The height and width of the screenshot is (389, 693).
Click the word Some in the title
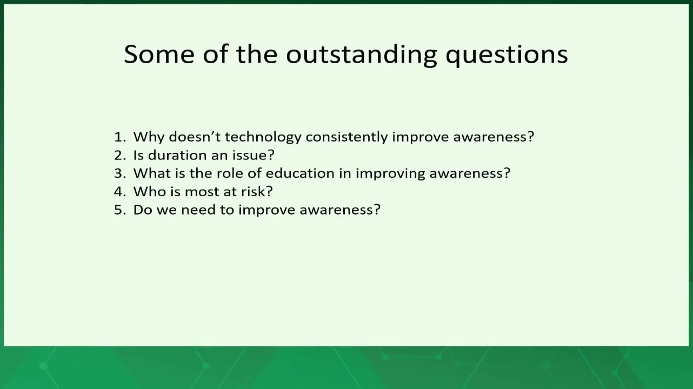click(159, 54)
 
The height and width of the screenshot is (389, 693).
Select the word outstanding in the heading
click(361, 55)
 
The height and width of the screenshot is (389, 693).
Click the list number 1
click(120, 137)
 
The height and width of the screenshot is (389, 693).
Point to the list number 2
click(120, 155)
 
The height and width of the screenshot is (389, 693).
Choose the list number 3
click(120, 173)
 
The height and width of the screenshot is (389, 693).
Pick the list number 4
click(120, 191)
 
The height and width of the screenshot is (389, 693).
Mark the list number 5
click(120, 210)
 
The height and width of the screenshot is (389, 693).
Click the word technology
click(263, 138)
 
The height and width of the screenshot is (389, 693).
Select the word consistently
click(346, 138)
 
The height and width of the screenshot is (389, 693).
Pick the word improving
click(390, 174)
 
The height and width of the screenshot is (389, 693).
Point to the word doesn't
click(195, 137)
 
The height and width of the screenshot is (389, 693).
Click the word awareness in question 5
click(340, 210)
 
